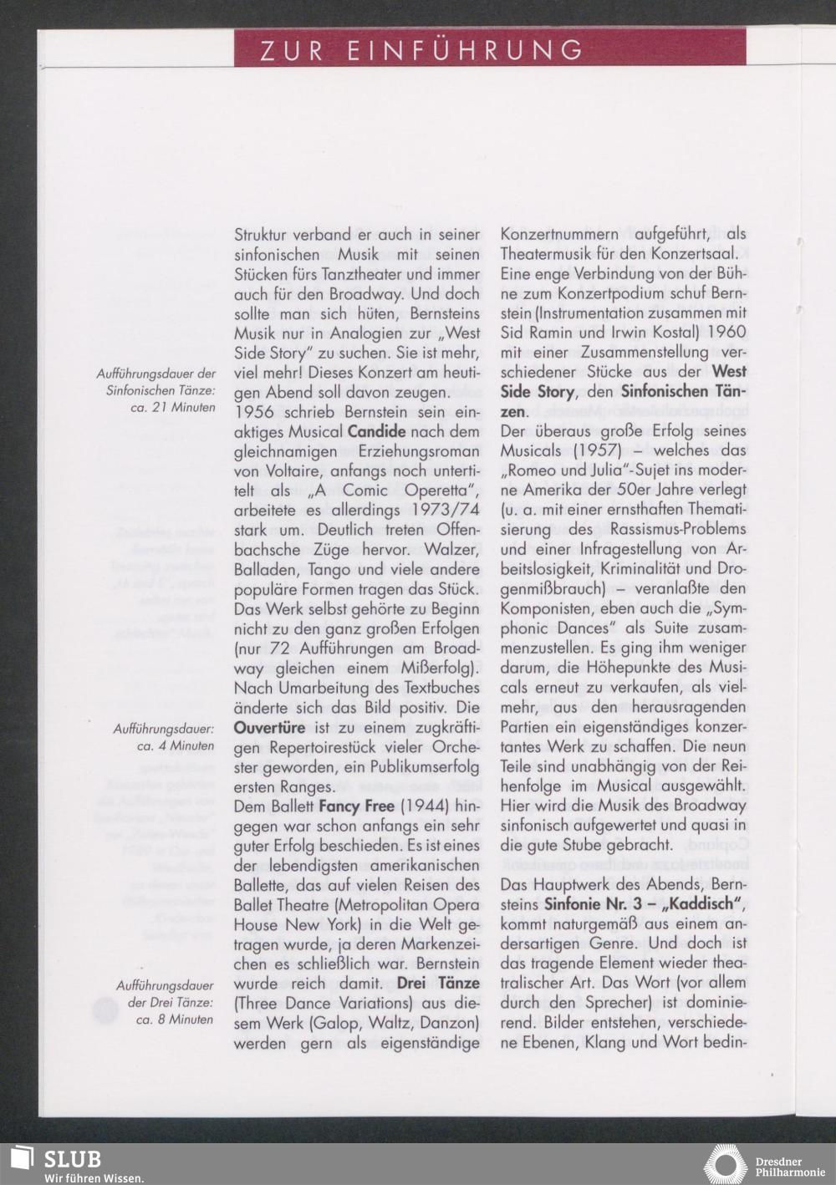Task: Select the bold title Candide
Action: point(376,432)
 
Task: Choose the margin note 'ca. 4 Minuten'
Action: point(176,745)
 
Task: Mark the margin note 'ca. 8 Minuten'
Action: point(176,1020)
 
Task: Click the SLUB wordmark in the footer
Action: point(72,1159)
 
